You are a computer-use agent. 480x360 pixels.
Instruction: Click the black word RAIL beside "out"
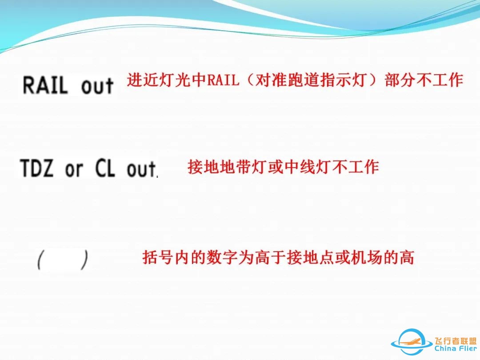pyautogui.click(x=45, y=85)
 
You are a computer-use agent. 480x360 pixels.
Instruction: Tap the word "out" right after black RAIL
pyautogui.click(x=97, y=86)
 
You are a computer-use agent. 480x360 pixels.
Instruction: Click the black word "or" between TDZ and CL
pyautogui.click(x=74, y=169)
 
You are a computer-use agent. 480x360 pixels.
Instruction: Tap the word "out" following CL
pyautogui.click(x=142, y=169)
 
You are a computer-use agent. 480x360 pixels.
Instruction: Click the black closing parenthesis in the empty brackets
pyautogui.click(x=84, y=260)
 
